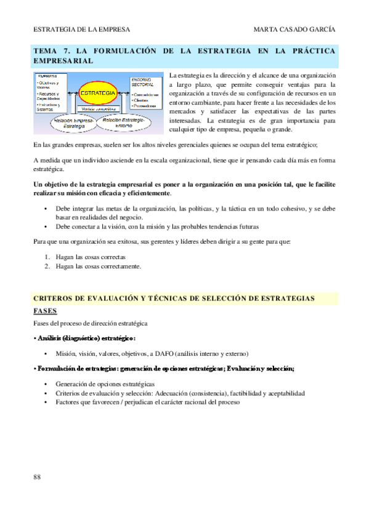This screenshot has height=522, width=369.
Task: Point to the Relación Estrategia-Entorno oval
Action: [x=126, y=122]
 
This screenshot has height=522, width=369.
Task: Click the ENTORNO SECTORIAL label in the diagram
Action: [x=142, y=83]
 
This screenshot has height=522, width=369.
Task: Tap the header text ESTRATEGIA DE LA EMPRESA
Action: [x=73, y=30]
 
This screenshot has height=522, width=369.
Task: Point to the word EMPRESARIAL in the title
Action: [x=63, y=62]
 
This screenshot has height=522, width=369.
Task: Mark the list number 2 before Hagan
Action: [x=47, y=267]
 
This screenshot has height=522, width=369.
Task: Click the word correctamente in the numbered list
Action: [x=121, y=267]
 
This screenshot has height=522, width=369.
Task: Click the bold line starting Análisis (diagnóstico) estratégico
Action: [x=84, y=338]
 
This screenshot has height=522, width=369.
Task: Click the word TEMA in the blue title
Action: [x=44, y=52]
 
